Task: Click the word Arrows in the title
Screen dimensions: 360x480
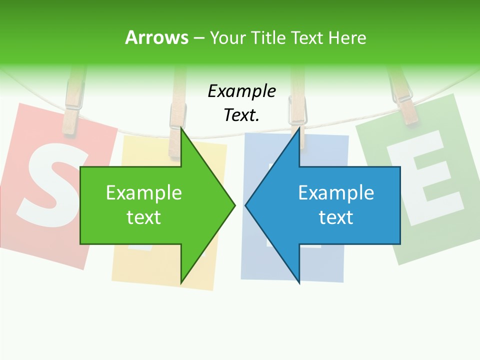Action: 156,37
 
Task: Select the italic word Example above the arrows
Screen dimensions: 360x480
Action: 241,91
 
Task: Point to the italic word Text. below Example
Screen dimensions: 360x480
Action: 241,115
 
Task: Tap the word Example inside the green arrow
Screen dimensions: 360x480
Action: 144,192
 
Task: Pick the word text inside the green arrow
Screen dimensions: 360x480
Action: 144,217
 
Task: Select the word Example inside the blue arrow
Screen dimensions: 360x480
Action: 336,192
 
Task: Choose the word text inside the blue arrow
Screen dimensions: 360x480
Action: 336,217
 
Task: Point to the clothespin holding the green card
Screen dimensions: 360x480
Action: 405,97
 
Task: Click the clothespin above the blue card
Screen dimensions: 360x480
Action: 297,107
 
